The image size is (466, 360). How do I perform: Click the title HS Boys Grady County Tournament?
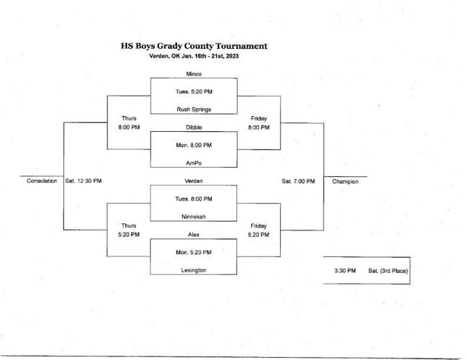coord(194,45)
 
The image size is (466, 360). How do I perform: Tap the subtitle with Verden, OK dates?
coord(194,56)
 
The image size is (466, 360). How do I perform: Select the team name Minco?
coord(193,73)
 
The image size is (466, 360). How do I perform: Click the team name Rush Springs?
coord(193,109)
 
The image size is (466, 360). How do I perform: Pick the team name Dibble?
coord(193,127)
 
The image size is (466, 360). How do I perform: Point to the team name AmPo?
coord(193,163)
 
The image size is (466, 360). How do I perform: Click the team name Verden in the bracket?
coord(193,181)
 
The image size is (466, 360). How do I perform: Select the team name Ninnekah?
coord(193,216)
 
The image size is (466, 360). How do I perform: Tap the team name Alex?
coord(193,234)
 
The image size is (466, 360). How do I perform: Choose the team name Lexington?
coord(193,270)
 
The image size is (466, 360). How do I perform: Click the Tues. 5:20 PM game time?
coord(193,91)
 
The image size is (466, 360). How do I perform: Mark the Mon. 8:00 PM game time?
coord(193,145)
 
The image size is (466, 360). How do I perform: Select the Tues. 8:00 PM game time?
coord(193,199)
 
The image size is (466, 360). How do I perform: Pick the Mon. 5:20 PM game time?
coord(193,252)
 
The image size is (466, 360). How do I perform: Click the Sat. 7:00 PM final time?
coord(298,181)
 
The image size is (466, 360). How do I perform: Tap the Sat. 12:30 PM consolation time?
coord(83,181)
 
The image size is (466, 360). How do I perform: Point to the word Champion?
coord(345,181)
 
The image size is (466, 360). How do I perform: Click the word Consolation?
coord(42,181)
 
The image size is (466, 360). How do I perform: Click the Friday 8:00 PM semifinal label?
coord(259,122)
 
